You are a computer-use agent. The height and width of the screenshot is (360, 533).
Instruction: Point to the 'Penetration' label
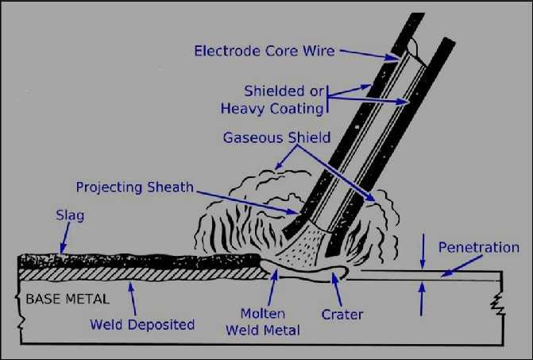478,247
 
